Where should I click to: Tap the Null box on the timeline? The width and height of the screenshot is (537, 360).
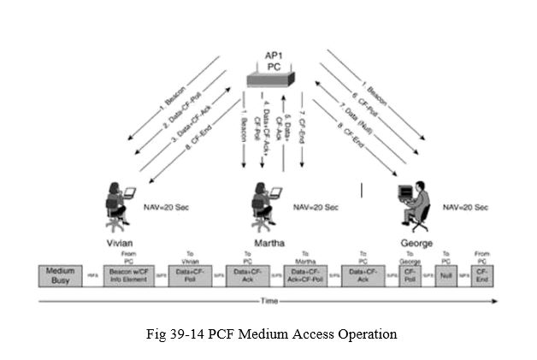tap(446, 275)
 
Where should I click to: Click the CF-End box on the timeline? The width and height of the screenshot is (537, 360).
tap(483, 275)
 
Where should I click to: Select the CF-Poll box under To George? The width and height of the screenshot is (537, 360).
tap(410, 275)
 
